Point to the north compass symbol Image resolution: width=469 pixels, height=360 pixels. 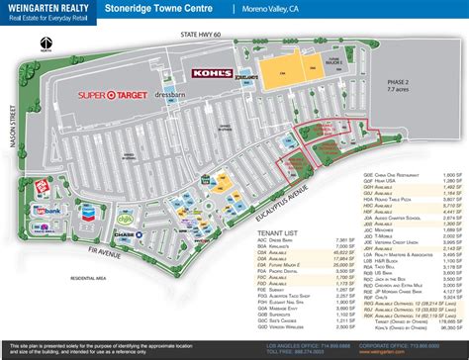(47, 43)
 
